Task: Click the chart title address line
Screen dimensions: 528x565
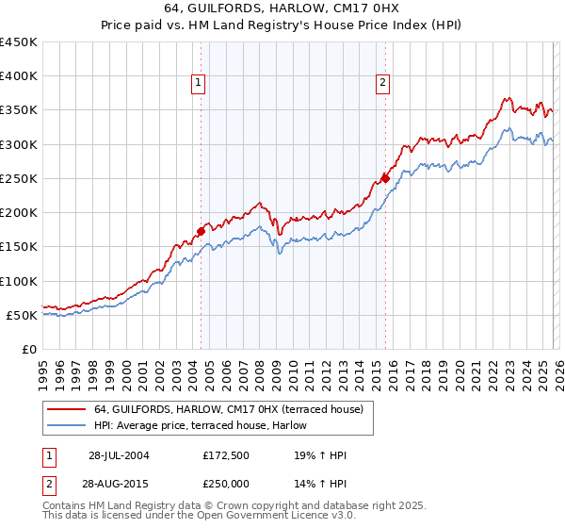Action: click(x=282, y=10)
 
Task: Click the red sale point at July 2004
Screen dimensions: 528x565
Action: click(x=202, y=230)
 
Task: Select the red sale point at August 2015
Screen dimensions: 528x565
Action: click(x=386, y=177)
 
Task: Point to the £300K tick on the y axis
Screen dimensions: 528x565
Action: click(x=19, y=145)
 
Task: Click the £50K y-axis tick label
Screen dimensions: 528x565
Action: click(x=23, y=315)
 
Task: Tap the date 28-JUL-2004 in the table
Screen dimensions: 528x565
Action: click(x=119, y=455)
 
